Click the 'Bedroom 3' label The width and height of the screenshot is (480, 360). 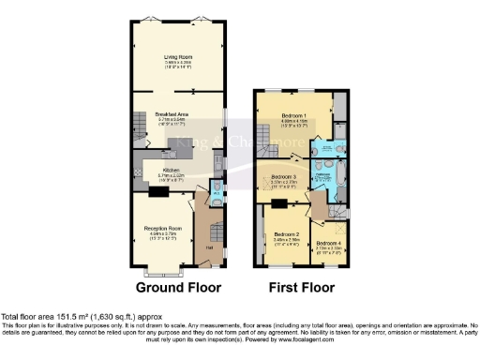285,176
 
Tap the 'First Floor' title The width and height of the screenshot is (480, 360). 302,287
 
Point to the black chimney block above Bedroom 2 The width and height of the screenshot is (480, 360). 278,203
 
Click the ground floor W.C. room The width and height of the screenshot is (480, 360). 217,195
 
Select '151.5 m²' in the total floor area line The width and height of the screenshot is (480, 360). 60,315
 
